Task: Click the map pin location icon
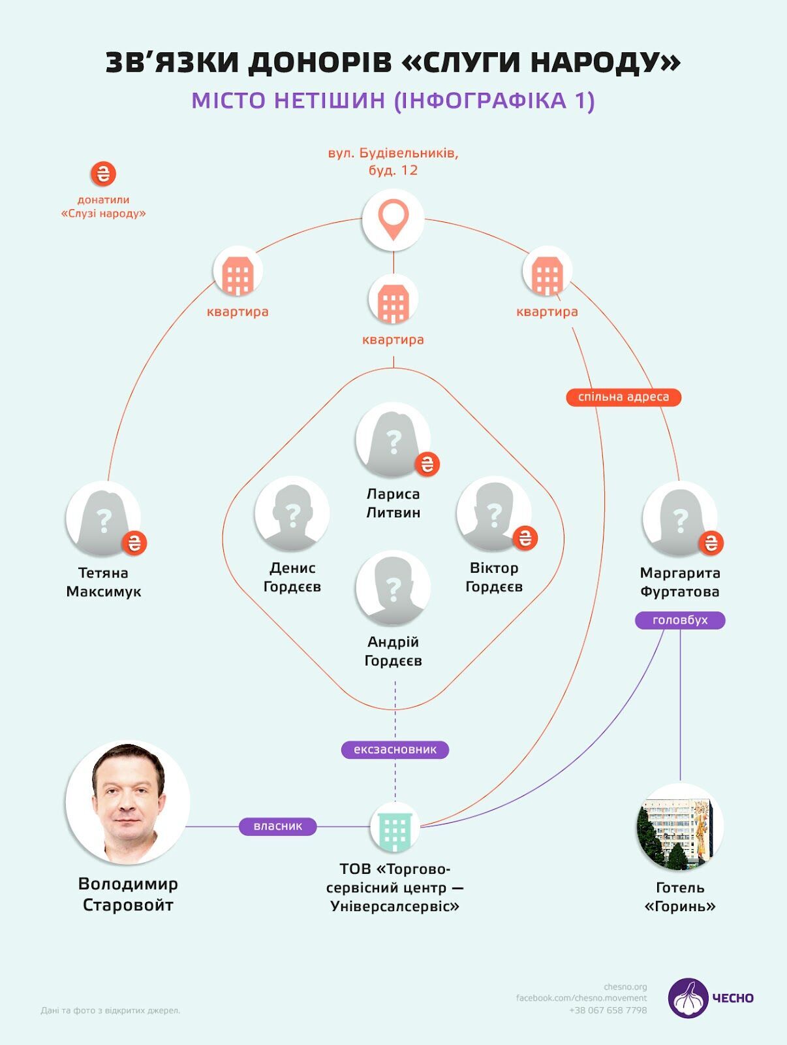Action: (393, 220)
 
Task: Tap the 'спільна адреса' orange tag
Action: (623, 397)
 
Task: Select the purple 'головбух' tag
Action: (680, 620)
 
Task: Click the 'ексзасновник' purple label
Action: (395, 750)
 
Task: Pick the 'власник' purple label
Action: (278, 826)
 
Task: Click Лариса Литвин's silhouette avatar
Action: (393, 440)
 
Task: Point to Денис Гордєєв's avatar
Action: (292, 514)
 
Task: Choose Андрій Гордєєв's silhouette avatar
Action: (393, 588)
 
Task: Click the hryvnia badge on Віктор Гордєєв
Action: (525, 538)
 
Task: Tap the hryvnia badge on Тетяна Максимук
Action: (134, 543)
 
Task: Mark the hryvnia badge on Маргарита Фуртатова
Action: (711, 543)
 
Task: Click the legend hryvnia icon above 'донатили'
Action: (103, 174)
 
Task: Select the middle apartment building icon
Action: (393, 299)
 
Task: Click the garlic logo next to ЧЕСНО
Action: (688, 998)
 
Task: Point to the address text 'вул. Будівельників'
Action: (393, 153)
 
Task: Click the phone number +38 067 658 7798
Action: (608, 1010)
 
